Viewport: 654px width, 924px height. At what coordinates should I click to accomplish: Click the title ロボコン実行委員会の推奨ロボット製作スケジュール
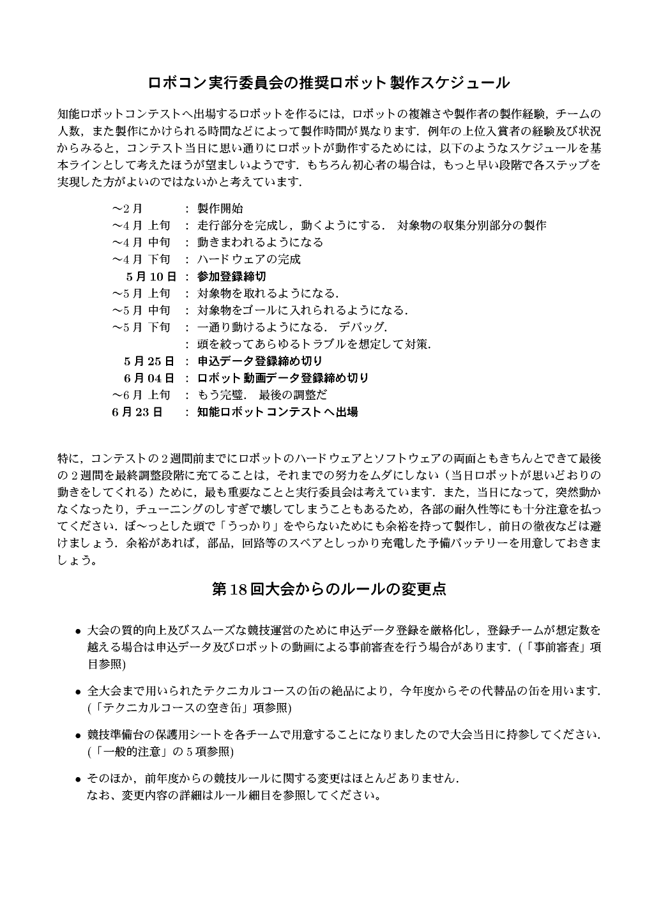pos(328,83)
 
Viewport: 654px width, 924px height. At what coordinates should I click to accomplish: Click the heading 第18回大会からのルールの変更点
pos(328,589)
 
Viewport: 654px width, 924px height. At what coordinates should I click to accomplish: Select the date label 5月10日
pos(151,276)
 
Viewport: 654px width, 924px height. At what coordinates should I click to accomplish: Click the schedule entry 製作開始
pos(220,209)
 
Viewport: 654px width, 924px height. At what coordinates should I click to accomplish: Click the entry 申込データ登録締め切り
pos(260,361)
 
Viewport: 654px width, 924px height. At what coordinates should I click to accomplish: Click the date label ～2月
pos(128,209)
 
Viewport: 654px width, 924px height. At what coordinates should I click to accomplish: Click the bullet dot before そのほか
pos(78,780)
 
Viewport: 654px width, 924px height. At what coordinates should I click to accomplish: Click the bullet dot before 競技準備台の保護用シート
pos(78,736)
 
